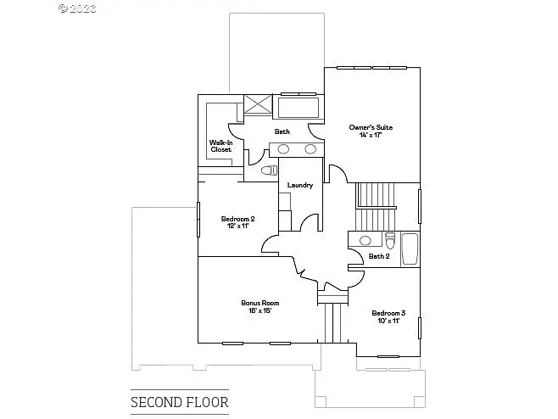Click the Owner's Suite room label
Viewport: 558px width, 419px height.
[x=371, y=127]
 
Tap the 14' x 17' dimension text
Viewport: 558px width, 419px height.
[x=371, y=135]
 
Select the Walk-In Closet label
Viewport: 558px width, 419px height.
[x=221, y=146]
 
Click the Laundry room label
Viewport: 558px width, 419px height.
[x=300, y=185]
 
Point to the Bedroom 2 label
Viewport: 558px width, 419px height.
[x=237, y=219]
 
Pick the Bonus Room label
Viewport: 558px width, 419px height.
[x=260, y=303]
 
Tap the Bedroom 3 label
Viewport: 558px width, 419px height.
[x=388, y=313]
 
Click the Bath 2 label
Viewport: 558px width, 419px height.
[x=379, y=256]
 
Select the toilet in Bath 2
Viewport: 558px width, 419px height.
[x=390, y=241]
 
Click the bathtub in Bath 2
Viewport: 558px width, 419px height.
[x=410, y=249]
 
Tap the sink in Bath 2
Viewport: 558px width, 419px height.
[x=365, y=241]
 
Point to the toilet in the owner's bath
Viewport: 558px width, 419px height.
[x=269, y=170]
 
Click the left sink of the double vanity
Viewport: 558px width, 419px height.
[x=283, y=149]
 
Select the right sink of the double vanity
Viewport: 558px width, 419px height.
[x=310, y=149]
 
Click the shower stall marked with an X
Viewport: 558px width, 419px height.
[x=258, y=104]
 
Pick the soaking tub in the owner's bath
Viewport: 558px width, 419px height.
[x=299, y=108]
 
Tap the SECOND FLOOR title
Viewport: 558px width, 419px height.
[x=180, y=402]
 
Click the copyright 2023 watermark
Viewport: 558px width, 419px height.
[x=77, y=8]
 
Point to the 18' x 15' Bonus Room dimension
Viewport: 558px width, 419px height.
[x=260, y=310]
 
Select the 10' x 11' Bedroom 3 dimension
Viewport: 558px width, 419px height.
[x=388, y=321]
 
